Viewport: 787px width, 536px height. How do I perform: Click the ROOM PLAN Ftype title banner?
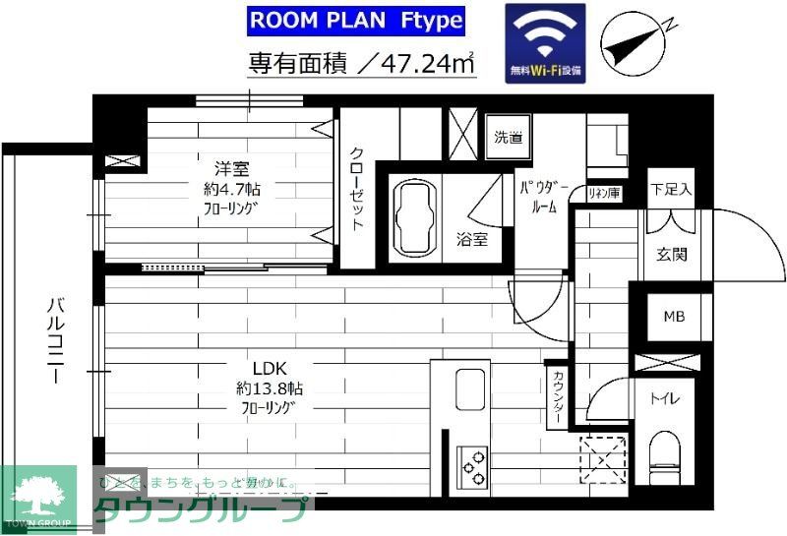click(355, 20)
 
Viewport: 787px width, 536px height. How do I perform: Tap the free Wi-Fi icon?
click(545, 43)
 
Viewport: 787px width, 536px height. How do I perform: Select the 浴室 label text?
click(471, 239)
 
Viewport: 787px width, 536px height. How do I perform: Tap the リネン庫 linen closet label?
click(603, 194)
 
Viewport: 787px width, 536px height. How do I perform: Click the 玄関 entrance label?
click(671, 254)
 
